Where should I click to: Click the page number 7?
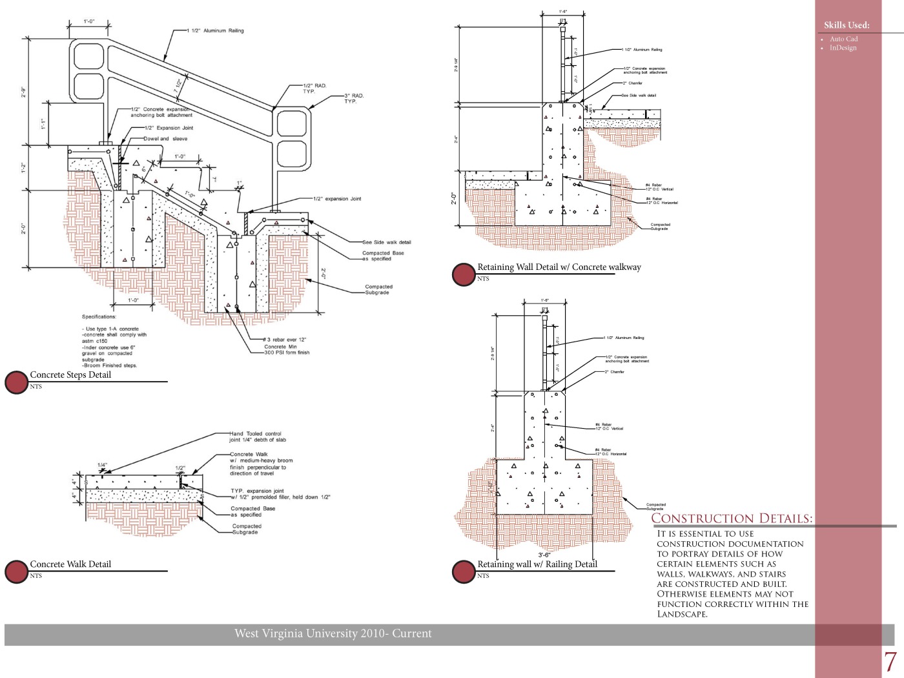click(x=890, y=662)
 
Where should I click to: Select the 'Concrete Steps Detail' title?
click(x=70, y=375)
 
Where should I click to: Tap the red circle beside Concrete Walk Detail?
click(x=16, y=571)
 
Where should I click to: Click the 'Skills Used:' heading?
click(x=847, y=25)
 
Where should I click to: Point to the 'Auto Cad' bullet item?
click(x=843, y=39)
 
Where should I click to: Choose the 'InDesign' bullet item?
click(x=843, y=48)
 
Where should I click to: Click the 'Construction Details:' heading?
click(x=732, y=519)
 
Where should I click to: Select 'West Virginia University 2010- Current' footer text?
click(x=333, y=633)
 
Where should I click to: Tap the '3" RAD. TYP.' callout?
click(x=354, y=98)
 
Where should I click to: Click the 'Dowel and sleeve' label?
click(x=165, y=139)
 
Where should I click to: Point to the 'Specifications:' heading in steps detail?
click(x=99, y=317)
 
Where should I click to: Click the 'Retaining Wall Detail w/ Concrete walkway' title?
click(x=559, y=267)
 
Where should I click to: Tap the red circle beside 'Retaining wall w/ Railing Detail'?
click(x=464, y=571)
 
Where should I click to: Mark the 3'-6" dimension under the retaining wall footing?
click(x=544, y=555)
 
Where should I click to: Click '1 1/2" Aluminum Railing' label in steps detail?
click(x=216, y=31)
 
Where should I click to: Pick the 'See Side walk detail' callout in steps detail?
click(x=386, y=243)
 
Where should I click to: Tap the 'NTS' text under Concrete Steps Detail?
click(x=36, y=387)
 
